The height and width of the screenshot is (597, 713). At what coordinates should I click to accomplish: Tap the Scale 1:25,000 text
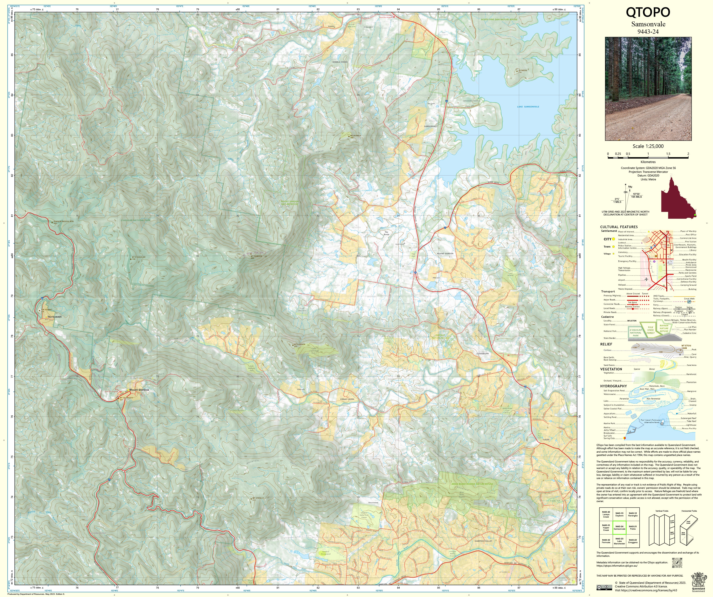648,146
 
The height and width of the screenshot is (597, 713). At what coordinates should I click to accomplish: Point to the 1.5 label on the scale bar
668,154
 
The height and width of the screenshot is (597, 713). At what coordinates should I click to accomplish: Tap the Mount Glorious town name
139,390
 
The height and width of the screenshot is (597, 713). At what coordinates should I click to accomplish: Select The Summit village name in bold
54,317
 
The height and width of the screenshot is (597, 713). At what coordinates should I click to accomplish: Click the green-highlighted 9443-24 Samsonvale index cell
619,527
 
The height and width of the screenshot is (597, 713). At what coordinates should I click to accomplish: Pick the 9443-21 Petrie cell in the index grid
633,527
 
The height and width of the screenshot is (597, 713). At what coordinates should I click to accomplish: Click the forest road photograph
648,89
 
